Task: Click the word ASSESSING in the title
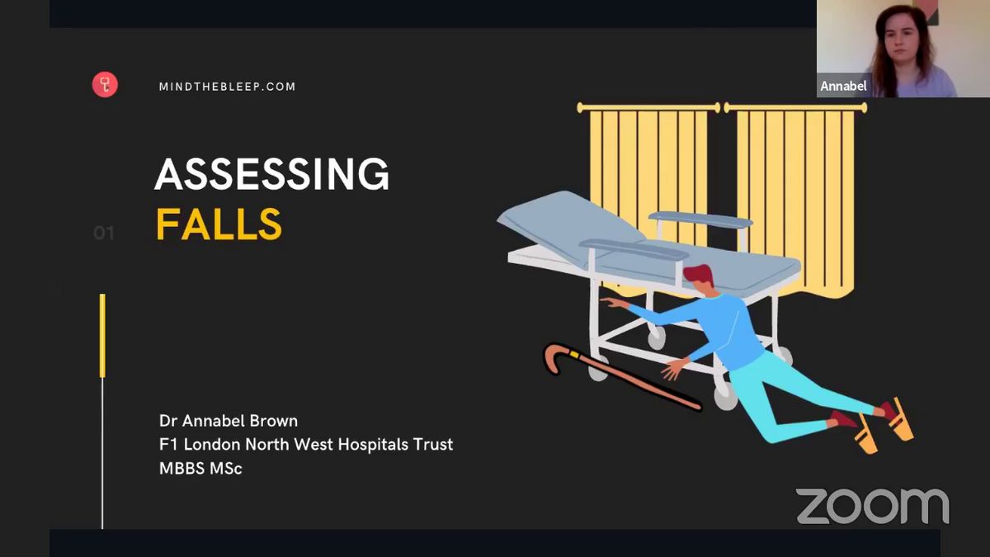(271, 174)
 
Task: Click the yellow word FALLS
(219, 224)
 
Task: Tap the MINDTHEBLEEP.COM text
(227, 87)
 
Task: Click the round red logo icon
(105, 84)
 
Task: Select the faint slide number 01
(104, 233)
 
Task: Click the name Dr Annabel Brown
(228, 421)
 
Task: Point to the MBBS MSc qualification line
(200, 469)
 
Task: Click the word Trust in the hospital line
(433, 444)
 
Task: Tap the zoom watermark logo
(873, 506)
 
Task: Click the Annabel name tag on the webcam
(843, 86)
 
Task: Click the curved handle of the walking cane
(554, 356)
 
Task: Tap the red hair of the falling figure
(698, 273)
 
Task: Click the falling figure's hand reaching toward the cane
(672, 369)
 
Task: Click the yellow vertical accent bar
(102, 336)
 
